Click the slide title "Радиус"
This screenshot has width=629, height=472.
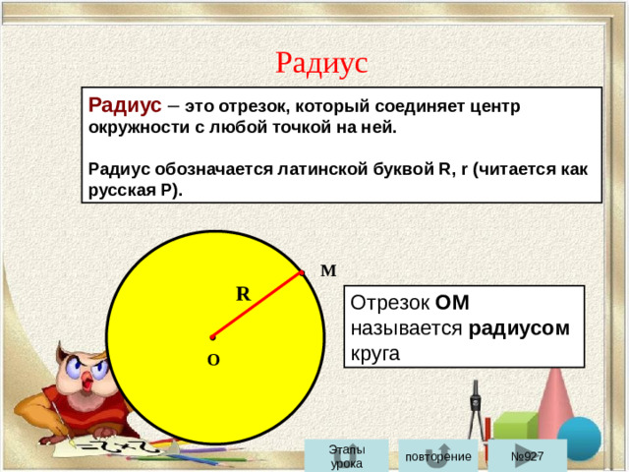(x=321, y=62)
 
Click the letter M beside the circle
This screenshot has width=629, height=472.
(x=328, y=270)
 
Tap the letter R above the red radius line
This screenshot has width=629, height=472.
(x=242, y=293)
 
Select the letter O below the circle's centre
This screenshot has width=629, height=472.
(x=213, y=361)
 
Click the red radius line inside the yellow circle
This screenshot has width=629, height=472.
(x=257, y=305)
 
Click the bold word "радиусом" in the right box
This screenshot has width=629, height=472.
(x=519, y=327)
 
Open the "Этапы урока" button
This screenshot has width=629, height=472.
(x=346, y=456)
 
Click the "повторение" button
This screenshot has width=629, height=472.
(x=437, y=457)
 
